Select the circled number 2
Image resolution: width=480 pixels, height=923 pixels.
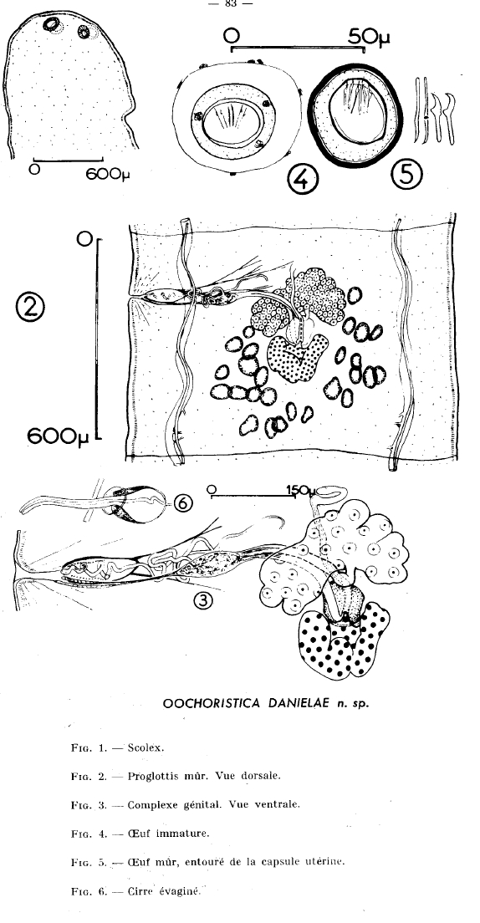(x=31, y=308)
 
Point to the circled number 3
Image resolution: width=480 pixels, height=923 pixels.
(x=203, y=601)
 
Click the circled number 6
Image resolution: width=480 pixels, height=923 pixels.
(x=182, y=502)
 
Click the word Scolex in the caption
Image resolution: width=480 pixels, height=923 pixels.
(x=146, y=748)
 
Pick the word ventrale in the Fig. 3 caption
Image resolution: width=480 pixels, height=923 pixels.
(x=278, y=804)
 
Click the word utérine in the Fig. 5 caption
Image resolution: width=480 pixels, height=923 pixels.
(x=325, y=862)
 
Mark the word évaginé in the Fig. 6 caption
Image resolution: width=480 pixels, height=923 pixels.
(x=181, y=890)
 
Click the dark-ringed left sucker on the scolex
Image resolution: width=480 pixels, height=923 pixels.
(x=53, y=24)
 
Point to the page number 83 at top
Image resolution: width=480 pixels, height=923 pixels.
(x=230, y=3)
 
